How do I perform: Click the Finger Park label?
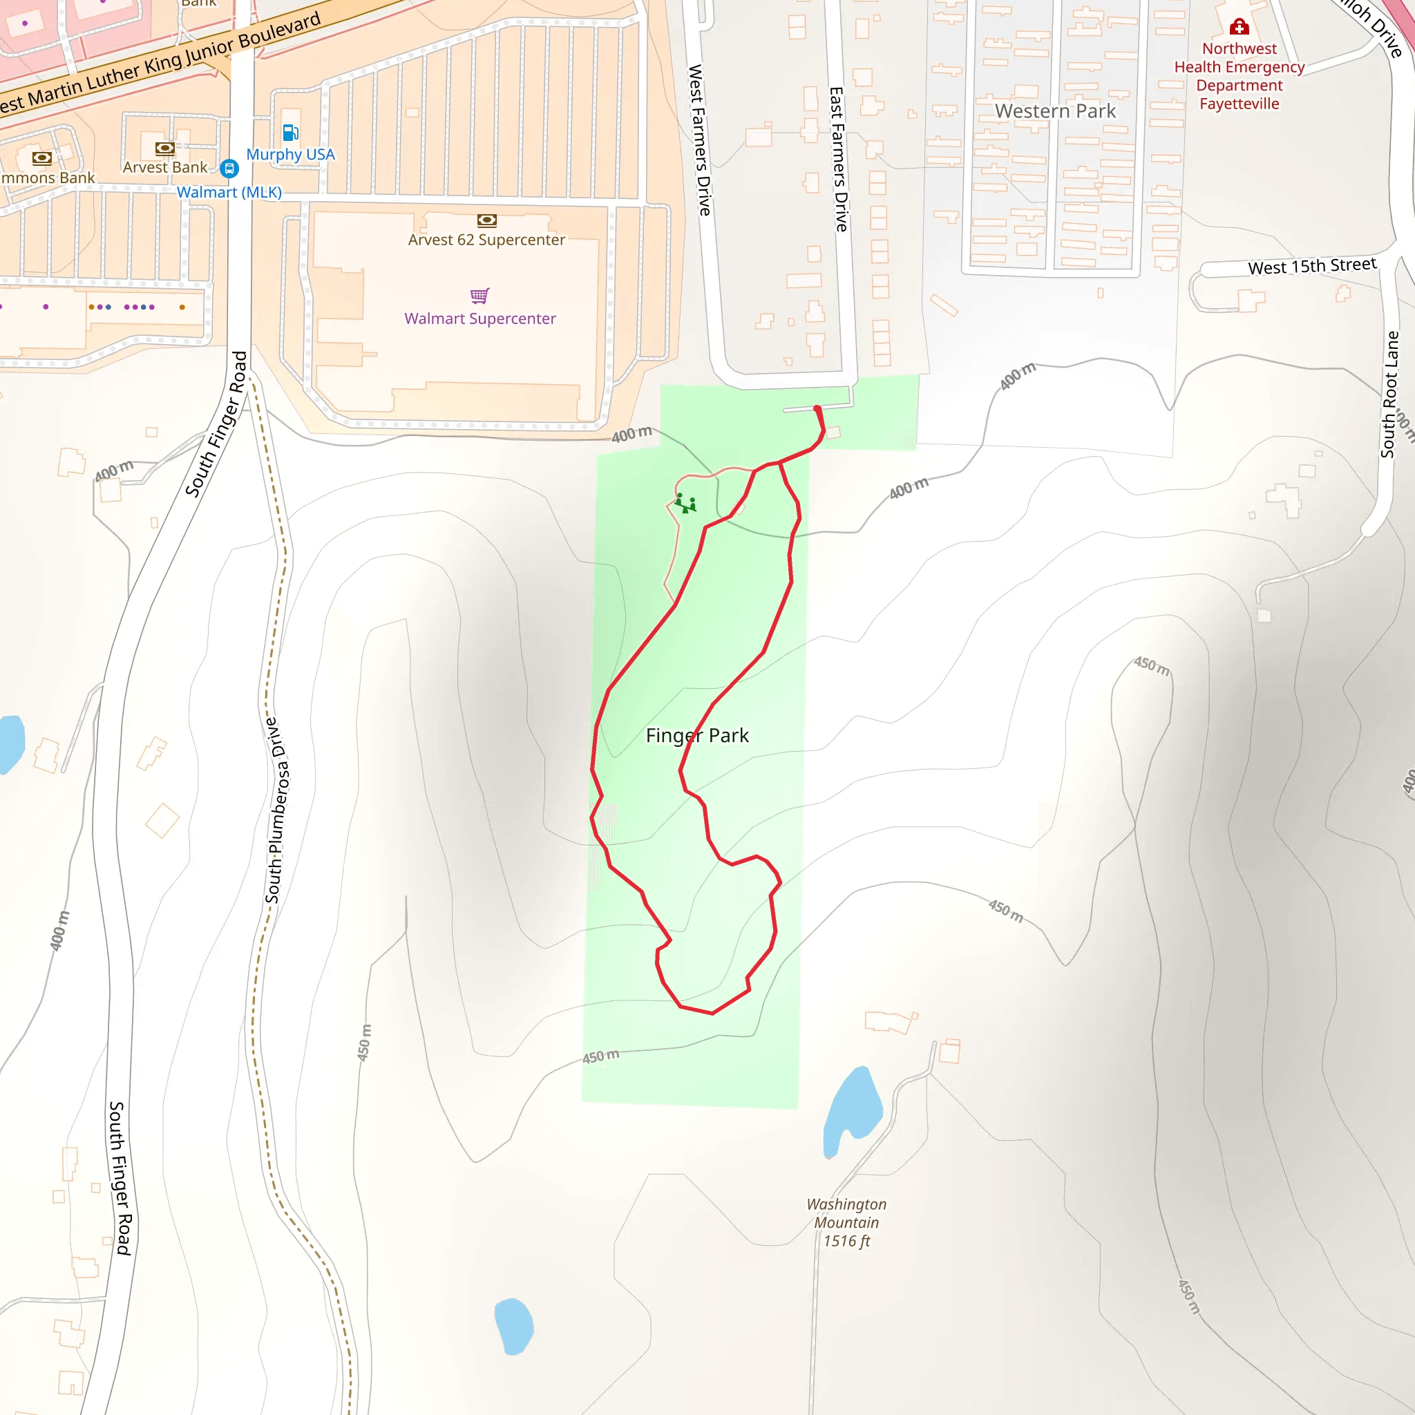(x=696, y=735)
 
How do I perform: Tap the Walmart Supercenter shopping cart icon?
(x=479, y=295)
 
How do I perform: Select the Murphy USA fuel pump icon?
(x=290, y=133)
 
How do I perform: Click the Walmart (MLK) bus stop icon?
(x=229, y=169)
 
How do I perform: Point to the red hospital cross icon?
(x=1239, y=27)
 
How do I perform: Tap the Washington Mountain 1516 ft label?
(x=846, y=1222)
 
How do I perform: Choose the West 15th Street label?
(x=1312, y=266)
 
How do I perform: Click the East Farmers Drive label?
(x=839, y=159)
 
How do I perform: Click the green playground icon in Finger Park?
(x=685, y=503)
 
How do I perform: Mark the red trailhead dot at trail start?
(x=817, y=409)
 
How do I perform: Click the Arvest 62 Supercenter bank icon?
(x=487, y=220)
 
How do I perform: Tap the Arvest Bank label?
(x=165, y=167)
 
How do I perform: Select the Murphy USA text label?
(x=290, y=155)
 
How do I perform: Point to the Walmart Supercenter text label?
(x=479, y=319)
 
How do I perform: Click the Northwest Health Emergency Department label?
(x=1240, y=76)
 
